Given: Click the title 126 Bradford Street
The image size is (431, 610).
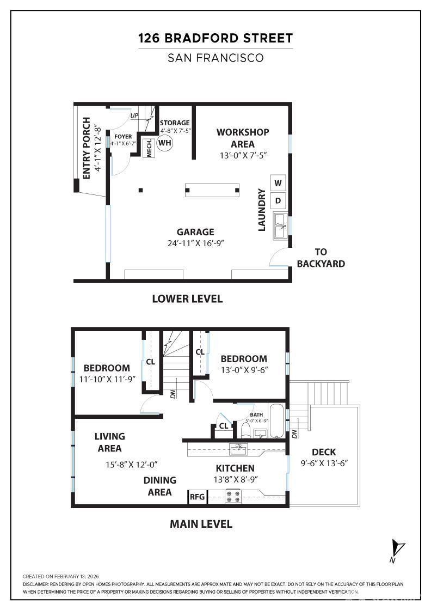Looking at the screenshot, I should (x=215, y=38).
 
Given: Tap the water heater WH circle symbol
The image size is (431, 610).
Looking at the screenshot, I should (x=165, y=143).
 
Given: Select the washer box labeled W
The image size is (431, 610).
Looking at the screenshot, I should (x=278, y=182).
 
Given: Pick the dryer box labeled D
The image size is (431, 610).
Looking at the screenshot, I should (x=278, y=200).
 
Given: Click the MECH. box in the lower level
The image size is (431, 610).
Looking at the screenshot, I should (x=149, y=147).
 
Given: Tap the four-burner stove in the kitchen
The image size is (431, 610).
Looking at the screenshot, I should (x=233, y=496).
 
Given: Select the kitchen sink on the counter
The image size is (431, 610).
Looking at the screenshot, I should (x=238, y=449).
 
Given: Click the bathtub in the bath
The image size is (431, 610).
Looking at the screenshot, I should (x=276, y=420).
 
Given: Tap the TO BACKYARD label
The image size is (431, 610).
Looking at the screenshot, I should (x=322, y=258).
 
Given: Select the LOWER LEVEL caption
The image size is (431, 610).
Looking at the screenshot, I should (x=187, y=298).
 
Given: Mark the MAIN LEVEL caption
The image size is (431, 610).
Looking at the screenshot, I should (x=201, y=524).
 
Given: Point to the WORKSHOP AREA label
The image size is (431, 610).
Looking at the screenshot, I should (x=243, y=138).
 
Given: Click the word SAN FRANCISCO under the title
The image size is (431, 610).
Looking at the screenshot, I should (x=215, y=58).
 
